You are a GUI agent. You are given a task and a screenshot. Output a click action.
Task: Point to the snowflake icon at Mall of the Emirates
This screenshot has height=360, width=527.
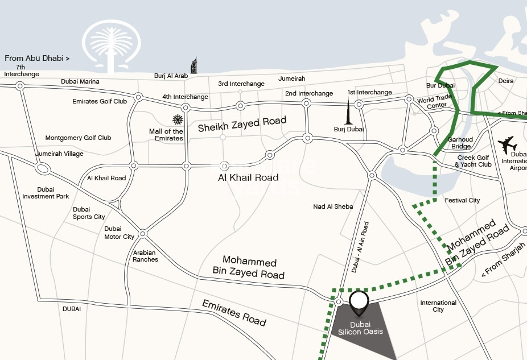(178, 119)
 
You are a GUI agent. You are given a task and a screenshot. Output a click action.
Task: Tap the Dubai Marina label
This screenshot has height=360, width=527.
(80, 81)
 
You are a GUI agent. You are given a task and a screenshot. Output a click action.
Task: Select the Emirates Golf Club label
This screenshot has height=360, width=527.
(100, 101)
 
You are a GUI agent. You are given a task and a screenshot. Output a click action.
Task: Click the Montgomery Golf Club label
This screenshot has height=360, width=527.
(78, 138)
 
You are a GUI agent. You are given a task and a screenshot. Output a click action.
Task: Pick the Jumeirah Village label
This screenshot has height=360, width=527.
(59, 154)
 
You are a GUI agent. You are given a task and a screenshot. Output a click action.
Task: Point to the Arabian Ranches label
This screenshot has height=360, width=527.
(146, 256)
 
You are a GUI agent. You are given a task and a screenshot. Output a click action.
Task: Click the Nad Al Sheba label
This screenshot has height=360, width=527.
(333, 206)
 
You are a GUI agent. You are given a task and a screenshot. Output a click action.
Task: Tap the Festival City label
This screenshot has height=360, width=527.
(462, 200)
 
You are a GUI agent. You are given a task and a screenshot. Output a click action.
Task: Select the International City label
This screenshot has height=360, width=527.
(438, 306)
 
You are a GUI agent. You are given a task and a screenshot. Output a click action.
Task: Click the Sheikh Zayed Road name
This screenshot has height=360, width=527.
(242, 125)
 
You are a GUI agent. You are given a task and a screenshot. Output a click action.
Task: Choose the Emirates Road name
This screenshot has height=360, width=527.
(234, 312)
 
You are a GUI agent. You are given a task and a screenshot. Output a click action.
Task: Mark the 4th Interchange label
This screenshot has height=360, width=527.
(185, 97)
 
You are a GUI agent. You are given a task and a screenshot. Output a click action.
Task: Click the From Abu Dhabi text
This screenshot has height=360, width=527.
(37, 58)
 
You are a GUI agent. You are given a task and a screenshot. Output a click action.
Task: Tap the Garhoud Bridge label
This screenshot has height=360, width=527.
(460, 143)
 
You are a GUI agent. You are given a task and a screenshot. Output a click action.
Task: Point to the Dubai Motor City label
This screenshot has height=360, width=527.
(120, 233)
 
